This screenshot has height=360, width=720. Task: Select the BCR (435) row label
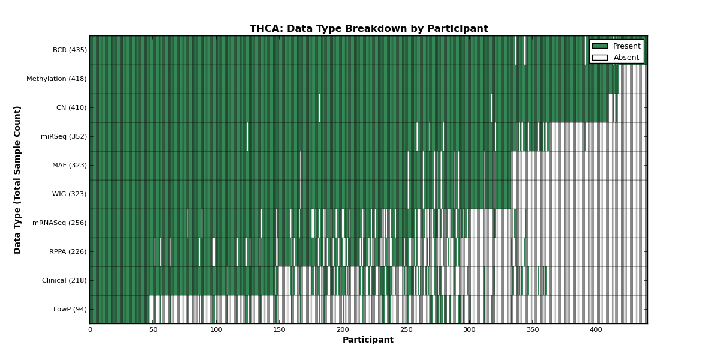70,50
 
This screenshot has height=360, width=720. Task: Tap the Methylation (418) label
56,79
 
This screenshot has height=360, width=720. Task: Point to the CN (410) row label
71,107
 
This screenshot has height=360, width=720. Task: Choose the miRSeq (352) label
64,137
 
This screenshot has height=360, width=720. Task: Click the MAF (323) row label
70,165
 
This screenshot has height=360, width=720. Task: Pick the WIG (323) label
70,194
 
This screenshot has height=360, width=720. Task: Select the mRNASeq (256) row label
59,223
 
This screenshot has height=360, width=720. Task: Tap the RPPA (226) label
68,251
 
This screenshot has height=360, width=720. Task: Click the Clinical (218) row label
64,281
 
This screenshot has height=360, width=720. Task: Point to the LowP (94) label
70,309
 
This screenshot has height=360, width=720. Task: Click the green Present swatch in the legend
600,46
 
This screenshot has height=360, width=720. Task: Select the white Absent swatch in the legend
600,58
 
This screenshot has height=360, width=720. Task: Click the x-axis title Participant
368,340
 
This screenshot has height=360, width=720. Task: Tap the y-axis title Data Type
17,231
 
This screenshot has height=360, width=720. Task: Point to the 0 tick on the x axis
91,330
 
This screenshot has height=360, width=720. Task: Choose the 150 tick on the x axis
280,330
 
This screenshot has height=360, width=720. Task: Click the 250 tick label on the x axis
406,330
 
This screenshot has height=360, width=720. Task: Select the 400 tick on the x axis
596,330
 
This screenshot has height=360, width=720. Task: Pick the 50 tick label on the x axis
154,330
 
